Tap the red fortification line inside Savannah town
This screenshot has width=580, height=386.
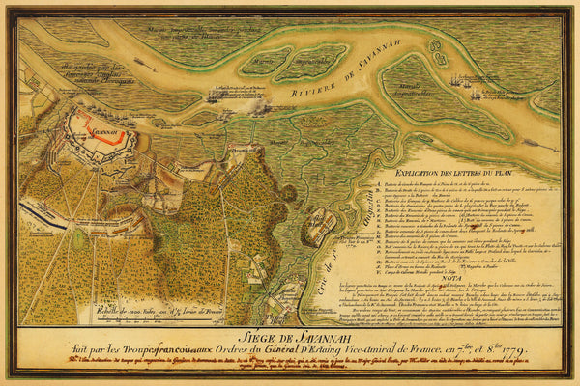point(96,124)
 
